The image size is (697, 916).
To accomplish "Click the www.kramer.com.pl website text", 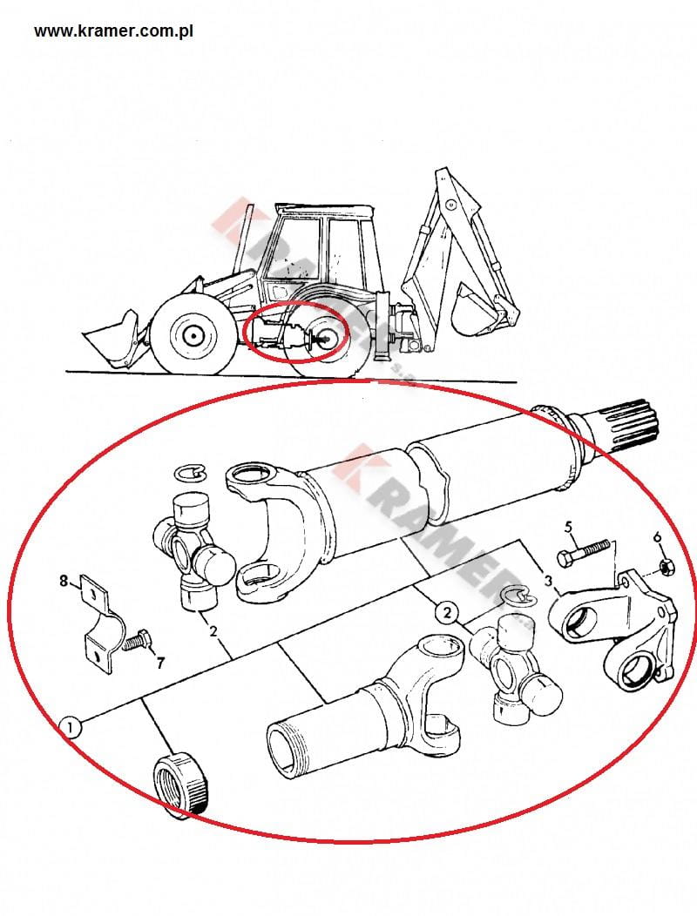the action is [113, 31].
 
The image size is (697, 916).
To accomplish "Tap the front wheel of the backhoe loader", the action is [191, 335].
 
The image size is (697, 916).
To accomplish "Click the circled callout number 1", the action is [71, 729].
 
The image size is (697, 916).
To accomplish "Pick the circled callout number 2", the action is [447, 612].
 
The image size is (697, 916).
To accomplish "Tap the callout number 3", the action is [548, 581].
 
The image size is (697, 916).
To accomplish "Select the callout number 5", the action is [568, 527].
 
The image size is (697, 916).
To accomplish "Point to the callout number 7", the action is [159, 663].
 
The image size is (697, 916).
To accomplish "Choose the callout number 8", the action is [64, 581].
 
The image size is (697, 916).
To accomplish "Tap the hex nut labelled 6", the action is [664, 565].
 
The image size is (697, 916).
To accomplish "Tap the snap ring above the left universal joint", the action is [190, 473].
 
